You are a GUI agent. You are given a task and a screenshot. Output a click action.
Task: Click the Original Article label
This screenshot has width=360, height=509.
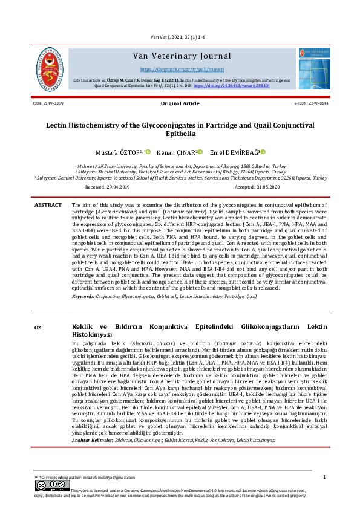point(180,104)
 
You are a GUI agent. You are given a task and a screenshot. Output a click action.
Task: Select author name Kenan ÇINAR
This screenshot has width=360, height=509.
point(176,152)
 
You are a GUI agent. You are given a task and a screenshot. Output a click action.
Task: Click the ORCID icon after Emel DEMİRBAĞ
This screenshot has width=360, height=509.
point(247,152)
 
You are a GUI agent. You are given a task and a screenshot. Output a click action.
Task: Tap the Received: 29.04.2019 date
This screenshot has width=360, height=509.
point(113,188)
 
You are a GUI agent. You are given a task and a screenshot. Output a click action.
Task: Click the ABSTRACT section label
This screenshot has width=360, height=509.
point(48,206)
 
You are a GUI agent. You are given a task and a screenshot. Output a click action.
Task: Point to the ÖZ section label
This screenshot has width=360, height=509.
point(38,328)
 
